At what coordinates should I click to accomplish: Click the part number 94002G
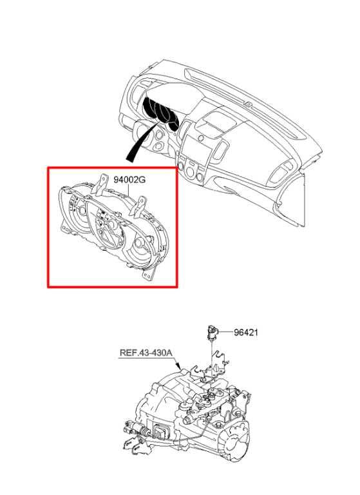click(129, 180)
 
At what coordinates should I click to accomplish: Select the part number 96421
click(246, 333)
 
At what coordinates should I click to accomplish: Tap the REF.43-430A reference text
click(146, 353)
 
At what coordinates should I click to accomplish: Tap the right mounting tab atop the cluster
click(140, 207)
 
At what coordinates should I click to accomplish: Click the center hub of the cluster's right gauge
click(138, 244)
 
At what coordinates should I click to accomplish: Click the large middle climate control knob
click(190, 172)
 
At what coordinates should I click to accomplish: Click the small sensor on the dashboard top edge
click(248, 104)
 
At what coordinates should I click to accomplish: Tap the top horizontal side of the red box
click(112, 168)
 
